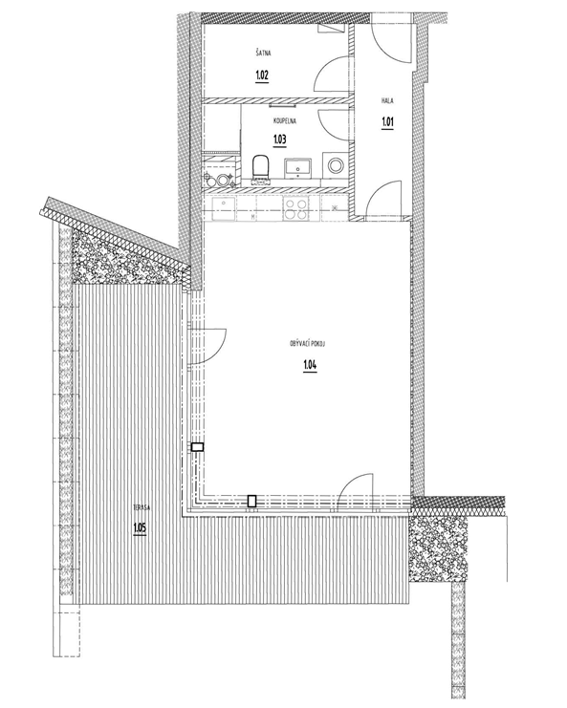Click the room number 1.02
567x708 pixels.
pyautogui.click(x=262, y=75)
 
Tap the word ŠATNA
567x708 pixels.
pyautogui.click(x=263, y=54)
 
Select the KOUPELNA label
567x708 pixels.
pyautogui.click(x=285, y=121)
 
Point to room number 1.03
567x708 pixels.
pyautogui.click(x=280, y=139)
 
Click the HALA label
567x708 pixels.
pyautogui.click(x=387, y=100)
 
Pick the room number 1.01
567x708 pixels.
pyautogui.click(x=387, y=121)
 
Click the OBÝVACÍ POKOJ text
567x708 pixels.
pyautogui.click(x=308, y=344)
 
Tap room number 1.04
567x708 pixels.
pyautogui.click(x=310, y=364)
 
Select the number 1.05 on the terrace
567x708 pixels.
pyautogui.click(x=140, y=527)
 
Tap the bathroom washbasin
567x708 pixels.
pyautogui.click(x=297, y=166)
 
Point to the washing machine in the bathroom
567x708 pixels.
pyautogui.click(x=336, y=164)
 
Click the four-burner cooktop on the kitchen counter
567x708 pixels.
pyautogui.click(x=296, y=208)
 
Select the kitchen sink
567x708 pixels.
pyautogui.click(x=224, y=209)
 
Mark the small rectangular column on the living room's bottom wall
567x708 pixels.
pyautogui.click(x=252, y=501)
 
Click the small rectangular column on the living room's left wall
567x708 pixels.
pyautogui.click(x=197, y=447)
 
